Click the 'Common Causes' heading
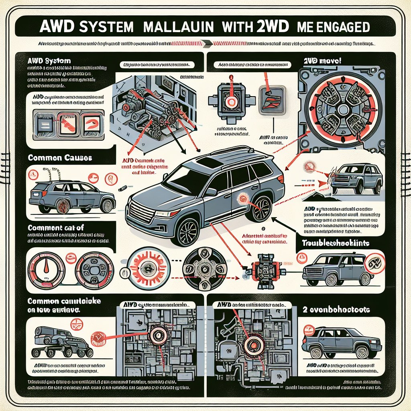coord(60,158)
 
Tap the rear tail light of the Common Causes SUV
coord(33,194)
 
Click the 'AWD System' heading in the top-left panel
coord(50,61)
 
